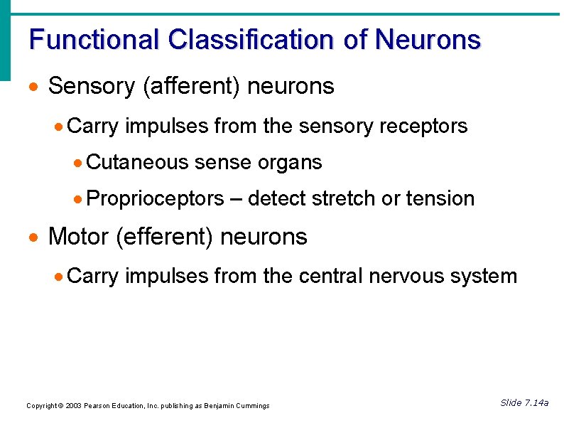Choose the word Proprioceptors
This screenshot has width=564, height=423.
(155, 198)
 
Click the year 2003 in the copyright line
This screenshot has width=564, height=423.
(72, 406)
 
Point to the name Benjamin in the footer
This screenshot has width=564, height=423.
(218, 406)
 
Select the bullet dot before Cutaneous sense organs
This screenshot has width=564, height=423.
(78, 164)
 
